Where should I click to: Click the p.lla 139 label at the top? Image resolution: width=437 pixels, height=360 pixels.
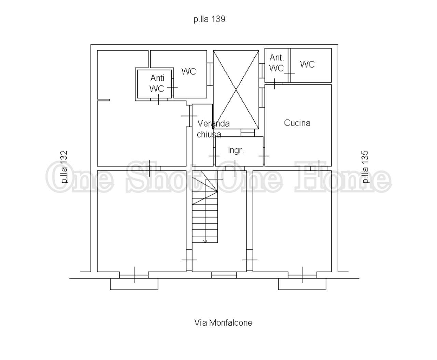coord(209,19)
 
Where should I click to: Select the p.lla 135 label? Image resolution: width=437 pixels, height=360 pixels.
coord(365,167)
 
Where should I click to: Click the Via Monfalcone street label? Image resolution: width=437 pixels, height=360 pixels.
coord(223,323)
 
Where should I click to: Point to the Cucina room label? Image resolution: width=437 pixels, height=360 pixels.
coord(297,123)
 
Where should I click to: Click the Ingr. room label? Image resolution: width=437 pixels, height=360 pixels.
coord(236,150)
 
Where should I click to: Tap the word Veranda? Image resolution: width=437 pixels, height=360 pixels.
coord(213,124)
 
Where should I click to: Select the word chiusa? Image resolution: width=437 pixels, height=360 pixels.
coord(209,134)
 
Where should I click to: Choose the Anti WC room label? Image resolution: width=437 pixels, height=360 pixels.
coord(157,83)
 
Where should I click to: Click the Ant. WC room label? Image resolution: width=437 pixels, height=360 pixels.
coord(277,63)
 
